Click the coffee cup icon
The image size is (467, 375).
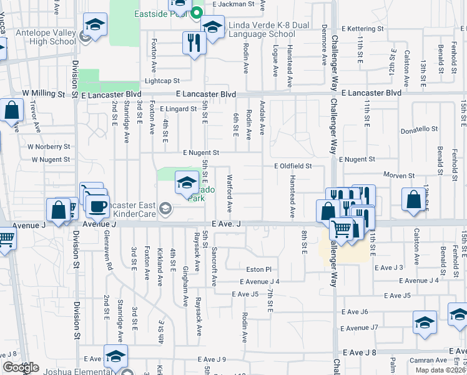pos(97,207)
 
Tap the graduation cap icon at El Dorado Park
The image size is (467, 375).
pos(186,183)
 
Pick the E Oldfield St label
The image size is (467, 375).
pos(292,166)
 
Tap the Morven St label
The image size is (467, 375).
pos(399,176)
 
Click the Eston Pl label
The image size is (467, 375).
pos(259,269)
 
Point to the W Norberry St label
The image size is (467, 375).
pos(48,146)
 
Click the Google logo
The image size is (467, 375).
pos(21,368)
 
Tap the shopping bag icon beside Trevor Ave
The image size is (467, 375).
pos(12,112)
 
